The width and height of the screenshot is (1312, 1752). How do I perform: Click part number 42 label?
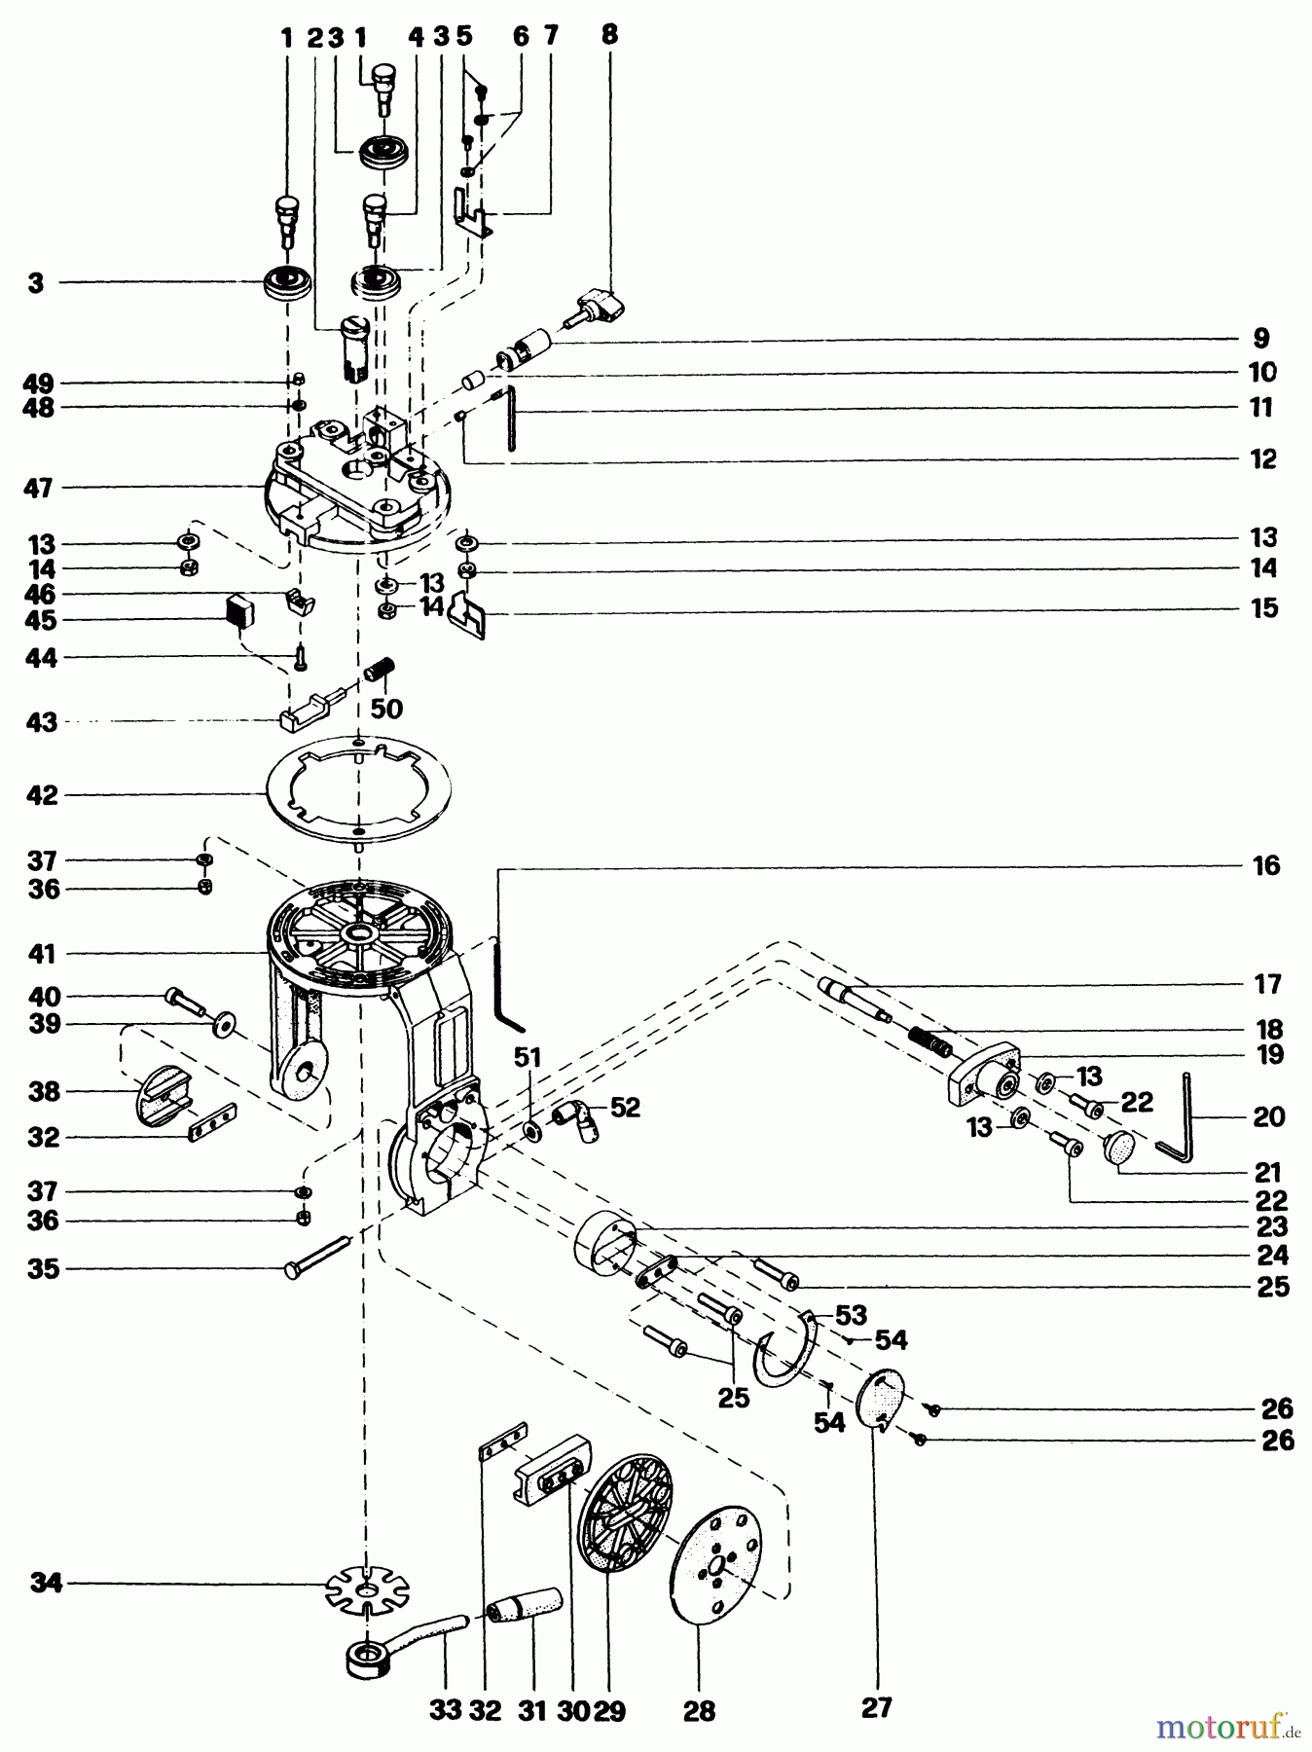[43, 796]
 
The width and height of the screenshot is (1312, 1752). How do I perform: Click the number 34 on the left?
[46, 1584]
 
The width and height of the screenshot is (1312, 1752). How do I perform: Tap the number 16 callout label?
[1265, 865]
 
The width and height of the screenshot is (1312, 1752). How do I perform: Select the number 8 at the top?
[609, 35]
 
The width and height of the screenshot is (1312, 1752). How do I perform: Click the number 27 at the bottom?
[876, 1706]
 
